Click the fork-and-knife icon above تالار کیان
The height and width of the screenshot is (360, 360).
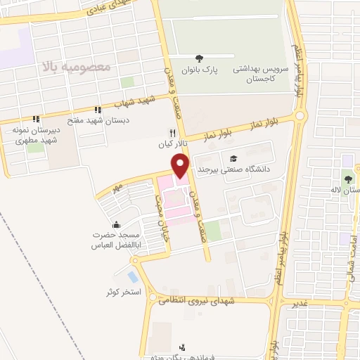tap(172, 132)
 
